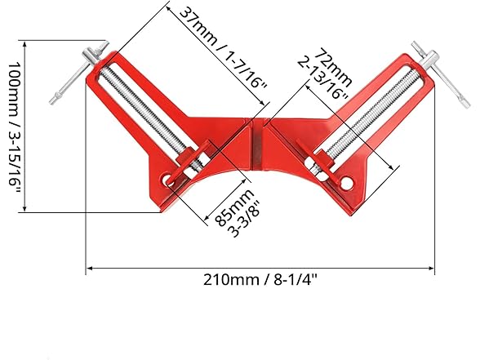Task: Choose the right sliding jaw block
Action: (x=322, y=161)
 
